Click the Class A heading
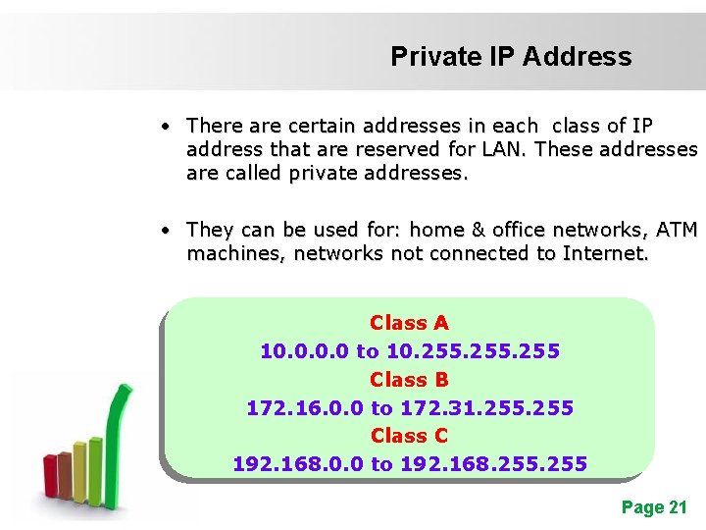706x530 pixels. (409, 323)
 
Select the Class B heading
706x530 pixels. (409, 379)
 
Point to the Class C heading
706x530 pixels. (409, 435)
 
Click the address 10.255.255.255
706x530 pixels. (474, 351)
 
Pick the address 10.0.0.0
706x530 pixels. (304, 351)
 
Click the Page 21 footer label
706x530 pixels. (654, 507)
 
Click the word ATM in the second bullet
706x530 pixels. (677, 230)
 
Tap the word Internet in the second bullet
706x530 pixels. (605, 253)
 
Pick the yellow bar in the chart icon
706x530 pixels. (79, 469)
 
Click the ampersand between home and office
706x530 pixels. (479, 230)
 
